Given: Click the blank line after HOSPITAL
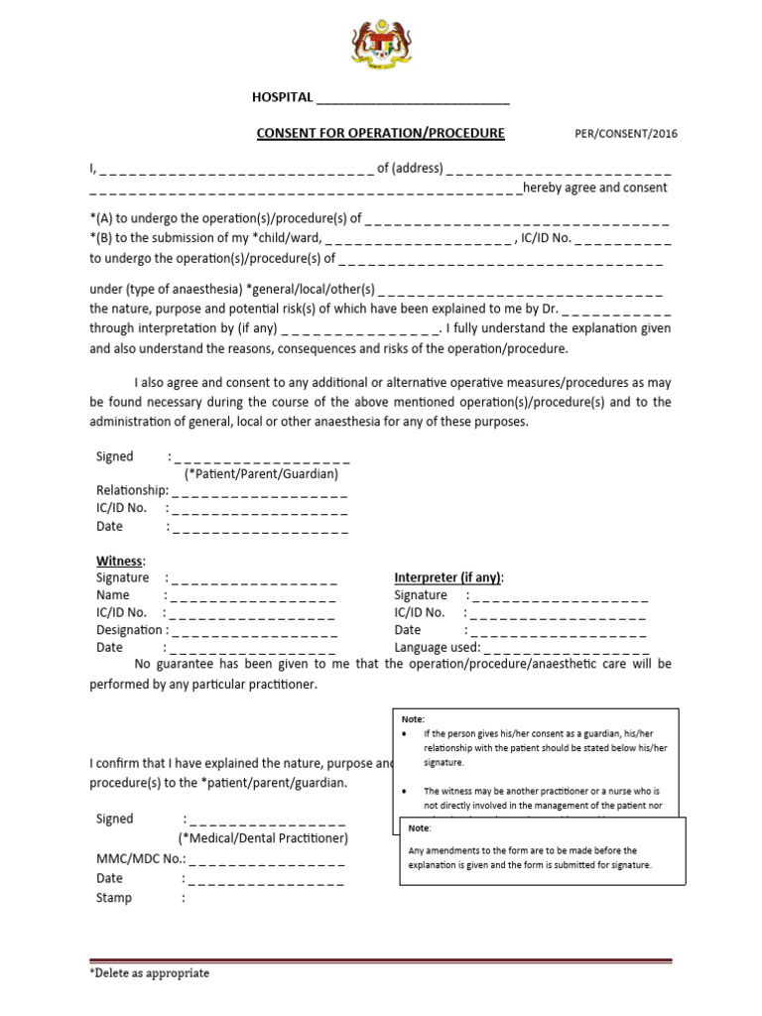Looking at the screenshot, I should [413, 98].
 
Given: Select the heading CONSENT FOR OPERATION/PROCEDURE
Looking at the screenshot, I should [381, 133].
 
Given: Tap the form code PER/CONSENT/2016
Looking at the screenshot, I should [627, 134].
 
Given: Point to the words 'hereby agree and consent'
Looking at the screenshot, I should [595, 188].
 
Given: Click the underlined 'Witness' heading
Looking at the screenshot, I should [120, 562].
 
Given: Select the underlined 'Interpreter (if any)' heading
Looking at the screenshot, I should [448, 577].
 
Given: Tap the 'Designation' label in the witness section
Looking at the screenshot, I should [129, 629].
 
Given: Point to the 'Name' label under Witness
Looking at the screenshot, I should [113, 595].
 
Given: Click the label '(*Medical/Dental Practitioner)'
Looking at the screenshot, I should [263, 838].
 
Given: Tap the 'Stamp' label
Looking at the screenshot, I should [114, 898].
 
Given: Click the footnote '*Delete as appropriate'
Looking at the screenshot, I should [150, 973].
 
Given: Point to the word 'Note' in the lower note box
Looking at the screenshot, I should [420, 827].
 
